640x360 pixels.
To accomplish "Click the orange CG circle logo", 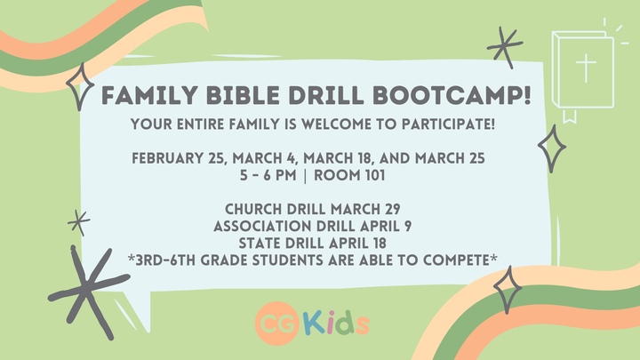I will tap(274, 323).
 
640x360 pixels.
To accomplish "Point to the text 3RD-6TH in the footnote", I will tap(168, 259).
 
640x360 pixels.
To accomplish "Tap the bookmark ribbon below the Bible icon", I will tap(569, 114).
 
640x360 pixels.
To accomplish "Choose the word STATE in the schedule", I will tap(262, 243).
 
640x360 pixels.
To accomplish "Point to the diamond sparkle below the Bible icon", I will tap(553, 147).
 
